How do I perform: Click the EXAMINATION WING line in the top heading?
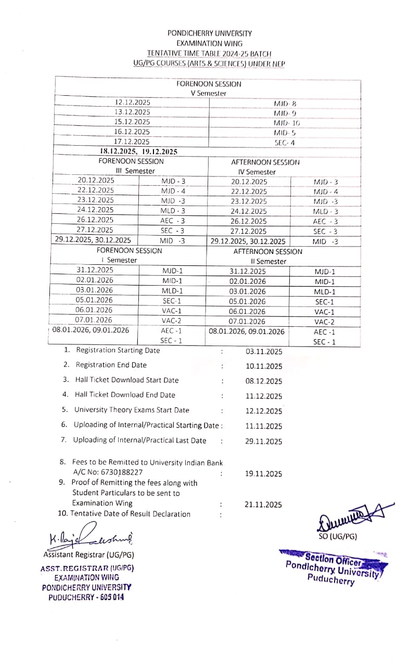[209, 43]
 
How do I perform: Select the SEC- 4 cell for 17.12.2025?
[285, 142]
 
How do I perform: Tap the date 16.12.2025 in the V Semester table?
[132, 132]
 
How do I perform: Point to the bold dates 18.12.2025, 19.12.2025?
[138, 151]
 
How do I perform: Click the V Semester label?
[209, 93]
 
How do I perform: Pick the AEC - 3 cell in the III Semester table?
[173, 220]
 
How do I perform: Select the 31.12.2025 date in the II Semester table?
[248, 271]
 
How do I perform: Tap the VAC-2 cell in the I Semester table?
[172, 321]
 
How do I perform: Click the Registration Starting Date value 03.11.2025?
[264, 352]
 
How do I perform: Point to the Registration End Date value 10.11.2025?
[264, 366]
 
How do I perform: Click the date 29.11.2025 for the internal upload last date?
[264, 441]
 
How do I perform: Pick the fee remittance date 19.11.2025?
[264, 473]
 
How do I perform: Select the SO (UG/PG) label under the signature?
[338, 536]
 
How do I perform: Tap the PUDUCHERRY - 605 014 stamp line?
[86, 597]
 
